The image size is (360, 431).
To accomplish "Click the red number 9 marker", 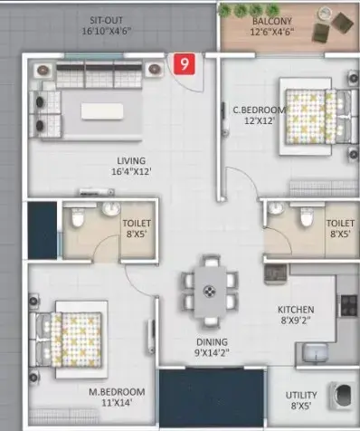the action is tap(185, 63).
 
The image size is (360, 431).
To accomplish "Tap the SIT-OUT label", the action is tap(107, 21).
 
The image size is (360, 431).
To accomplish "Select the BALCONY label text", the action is tap(272, 21).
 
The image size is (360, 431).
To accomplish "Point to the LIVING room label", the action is tap(131, 160).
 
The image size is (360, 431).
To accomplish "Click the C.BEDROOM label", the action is tap(259, 110).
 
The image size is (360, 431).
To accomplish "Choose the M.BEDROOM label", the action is tap(117, 392).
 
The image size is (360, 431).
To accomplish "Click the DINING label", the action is tap(212, 342).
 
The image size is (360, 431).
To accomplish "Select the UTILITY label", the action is tap(301, 395).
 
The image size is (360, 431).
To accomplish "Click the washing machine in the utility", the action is tap(342, 395).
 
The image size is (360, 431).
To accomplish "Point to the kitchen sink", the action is tap(316, 352).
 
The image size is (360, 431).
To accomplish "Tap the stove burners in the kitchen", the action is tap(349, 305).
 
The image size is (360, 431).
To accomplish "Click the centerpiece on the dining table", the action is tap(208, 292).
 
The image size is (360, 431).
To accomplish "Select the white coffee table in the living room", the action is tap(102, 111).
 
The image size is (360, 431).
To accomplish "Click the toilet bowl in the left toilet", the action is tap(78, 217).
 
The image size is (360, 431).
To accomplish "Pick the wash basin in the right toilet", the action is tap(276, 208).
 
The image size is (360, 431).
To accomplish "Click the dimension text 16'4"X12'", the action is tap(131, 172).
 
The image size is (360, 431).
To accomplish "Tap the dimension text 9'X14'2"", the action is tap(212, 352).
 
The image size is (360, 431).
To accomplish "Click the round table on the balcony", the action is tap(325, 14).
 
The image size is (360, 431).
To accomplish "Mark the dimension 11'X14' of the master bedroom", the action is tap(117, 403).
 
